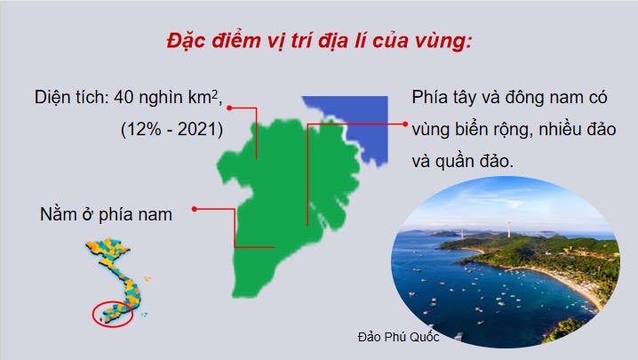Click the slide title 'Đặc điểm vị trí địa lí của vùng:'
coord(318,42)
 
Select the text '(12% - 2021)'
coord(171,129)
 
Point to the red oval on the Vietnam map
coord(113,313)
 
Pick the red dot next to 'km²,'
coord(229,108)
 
